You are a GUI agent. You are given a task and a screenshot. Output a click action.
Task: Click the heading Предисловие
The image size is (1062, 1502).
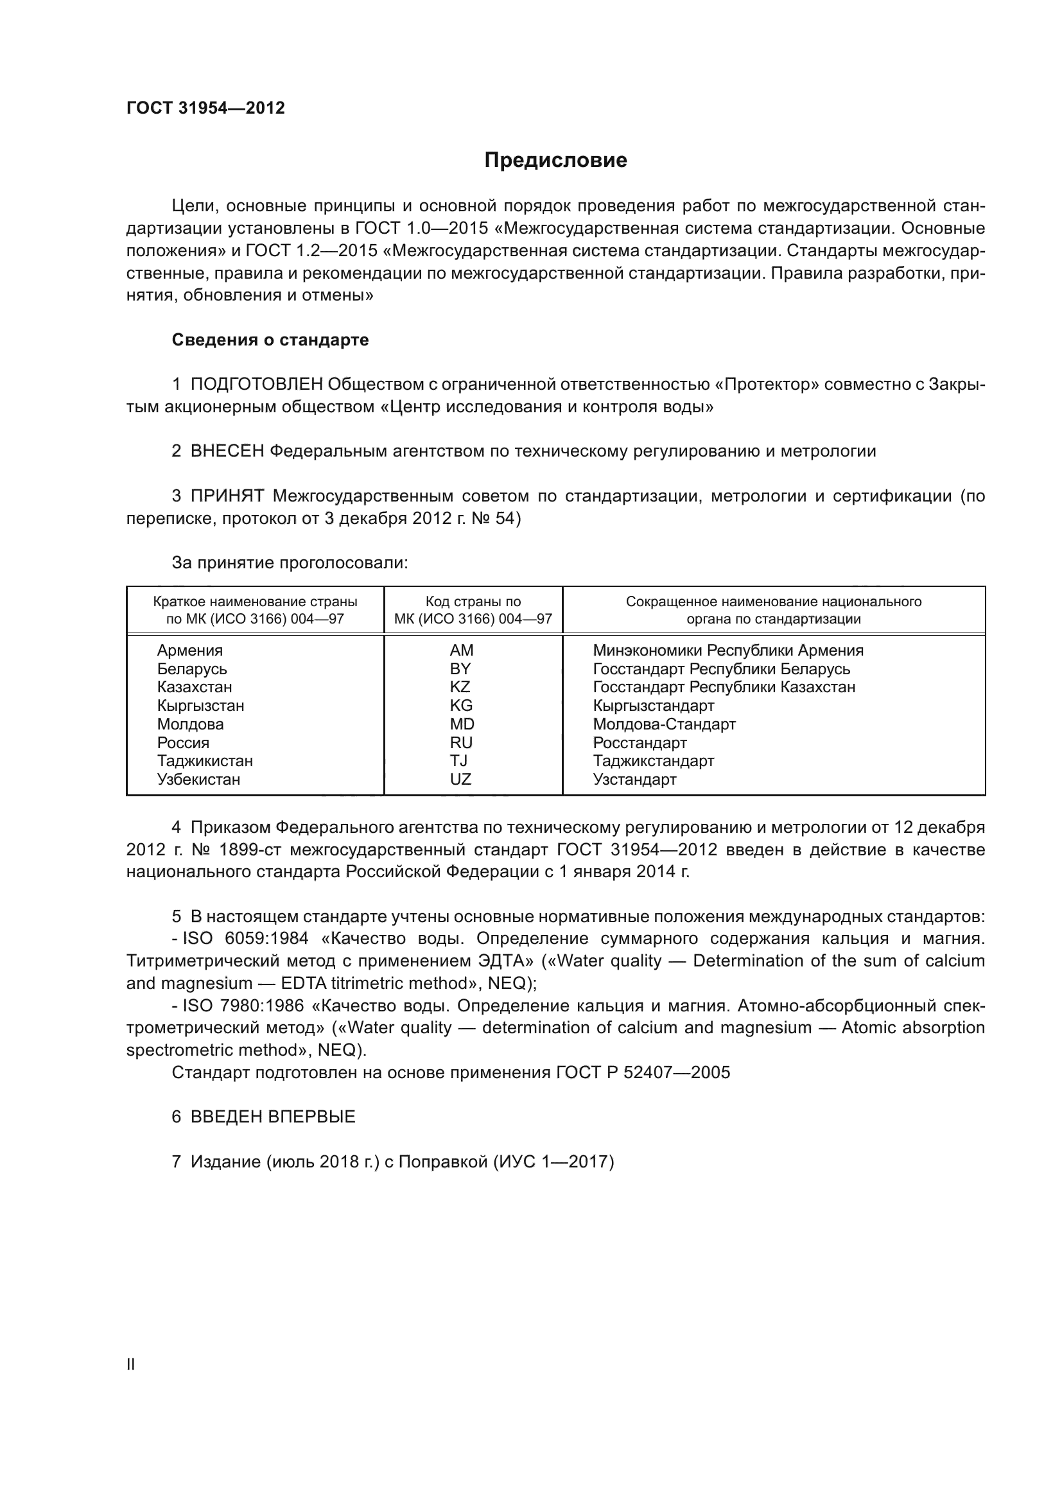[555, 161]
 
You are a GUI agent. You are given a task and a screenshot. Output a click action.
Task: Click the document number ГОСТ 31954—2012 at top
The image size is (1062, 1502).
[205, 108]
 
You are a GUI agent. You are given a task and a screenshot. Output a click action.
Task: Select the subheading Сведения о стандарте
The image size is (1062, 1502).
[270, 340]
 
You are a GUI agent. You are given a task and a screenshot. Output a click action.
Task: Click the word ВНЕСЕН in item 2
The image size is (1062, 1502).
[227, 451]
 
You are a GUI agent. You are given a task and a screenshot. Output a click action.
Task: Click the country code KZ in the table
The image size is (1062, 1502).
[460, 687]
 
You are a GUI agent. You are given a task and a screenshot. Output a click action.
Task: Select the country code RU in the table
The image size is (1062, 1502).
[461, 742]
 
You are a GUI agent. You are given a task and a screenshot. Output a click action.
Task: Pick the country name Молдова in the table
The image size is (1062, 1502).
[190, 724]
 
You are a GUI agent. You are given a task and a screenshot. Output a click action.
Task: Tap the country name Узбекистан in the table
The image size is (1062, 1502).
[199, 779]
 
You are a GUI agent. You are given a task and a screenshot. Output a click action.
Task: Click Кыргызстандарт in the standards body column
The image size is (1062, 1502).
[653, 706]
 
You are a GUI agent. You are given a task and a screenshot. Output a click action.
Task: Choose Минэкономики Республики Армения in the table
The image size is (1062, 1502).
[728, 651]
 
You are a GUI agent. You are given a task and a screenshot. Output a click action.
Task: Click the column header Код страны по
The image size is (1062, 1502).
[473, 602]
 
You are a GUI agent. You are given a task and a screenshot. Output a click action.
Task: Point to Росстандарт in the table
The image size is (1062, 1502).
[640, 742]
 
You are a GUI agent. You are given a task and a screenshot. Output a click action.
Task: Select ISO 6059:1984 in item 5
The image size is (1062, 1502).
[245, 939]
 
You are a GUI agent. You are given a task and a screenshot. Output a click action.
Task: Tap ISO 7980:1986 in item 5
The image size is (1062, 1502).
[245, 1006]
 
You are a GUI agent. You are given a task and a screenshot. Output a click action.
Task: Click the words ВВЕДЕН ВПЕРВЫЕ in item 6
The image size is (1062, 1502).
[273, 1117]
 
